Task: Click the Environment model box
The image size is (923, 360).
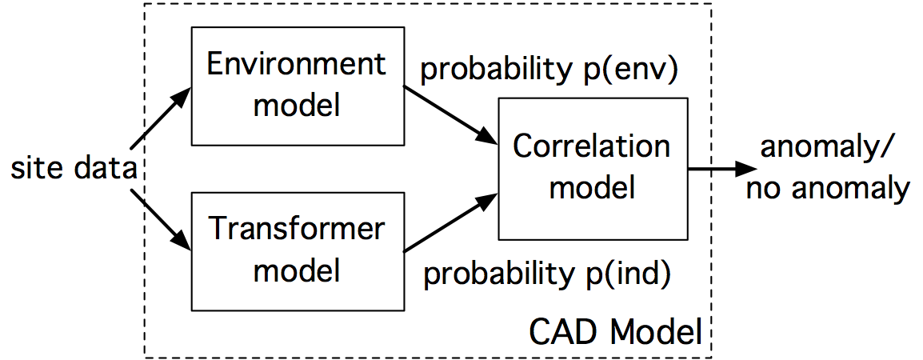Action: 296,86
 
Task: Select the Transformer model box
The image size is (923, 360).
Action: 296,250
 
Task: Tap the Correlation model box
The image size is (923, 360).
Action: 592,168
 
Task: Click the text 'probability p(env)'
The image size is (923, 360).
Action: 549,70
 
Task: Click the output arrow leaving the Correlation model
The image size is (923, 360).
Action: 720,169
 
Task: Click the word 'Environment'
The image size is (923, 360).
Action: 296,65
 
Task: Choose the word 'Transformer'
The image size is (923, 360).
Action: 296,230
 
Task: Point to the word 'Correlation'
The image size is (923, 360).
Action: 592,147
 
